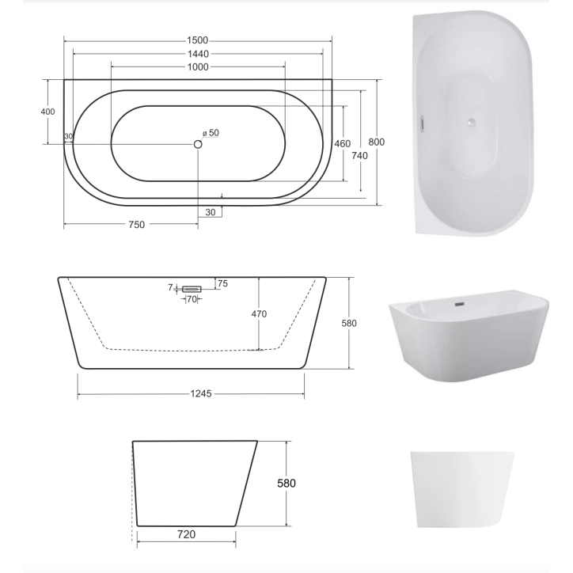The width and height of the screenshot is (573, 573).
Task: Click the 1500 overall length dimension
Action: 198,40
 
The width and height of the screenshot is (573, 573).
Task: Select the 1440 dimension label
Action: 198,54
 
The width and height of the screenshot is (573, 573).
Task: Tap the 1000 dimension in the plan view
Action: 198,67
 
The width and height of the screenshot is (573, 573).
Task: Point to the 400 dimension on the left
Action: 47,112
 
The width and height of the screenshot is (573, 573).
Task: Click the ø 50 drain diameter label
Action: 211,133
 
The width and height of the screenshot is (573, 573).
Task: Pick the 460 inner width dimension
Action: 342,143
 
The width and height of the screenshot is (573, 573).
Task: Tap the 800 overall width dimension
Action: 377,142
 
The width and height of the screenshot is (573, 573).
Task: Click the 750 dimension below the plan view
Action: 136,225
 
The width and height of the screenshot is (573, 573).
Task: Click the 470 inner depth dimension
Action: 259,314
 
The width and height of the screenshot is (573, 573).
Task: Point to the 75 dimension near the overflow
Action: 222,283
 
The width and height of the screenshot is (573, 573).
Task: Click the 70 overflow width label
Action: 192,299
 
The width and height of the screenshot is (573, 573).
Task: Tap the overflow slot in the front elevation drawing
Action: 192,289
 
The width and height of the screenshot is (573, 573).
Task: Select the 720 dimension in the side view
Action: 187,534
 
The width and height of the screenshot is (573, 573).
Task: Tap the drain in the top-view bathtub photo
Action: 471,122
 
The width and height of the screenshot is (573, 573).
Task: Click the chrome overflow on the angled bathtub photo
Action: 458,303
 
